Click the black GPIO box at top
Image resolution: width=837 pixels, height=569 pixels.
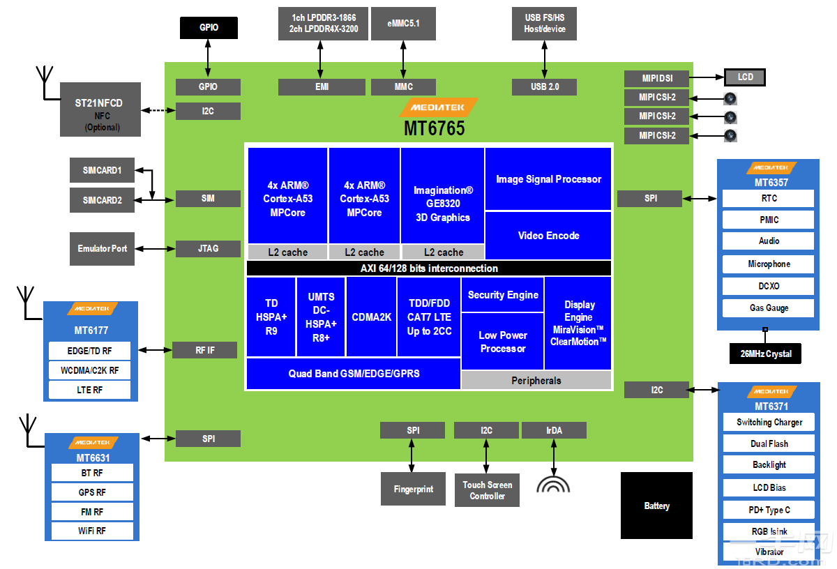point(209,28)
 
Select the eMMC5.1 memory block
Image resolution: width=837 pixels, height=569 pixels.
point(403,24)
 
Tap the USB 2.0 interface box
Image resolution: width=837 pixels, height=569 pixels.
point(545,86)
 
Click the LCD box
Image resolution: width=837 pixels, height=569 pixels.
point(745,77)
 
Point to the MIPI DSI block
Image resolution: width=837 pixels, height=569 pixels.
point(656,78)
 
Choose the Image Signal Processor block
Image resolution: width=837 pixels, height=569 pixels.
point(548,179)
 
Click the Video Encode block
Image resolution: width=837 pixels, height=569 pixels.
point(548,236)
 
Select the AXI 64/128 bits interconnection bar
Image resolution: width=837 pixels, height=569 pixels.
point(429,268)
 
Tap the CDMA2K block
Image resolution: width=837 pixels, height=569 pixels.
point(371,317)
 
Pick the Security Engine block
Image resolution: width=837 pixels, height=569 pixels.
point(502,295)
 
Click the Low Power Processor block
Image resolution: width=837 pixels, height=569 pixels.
point(502,342)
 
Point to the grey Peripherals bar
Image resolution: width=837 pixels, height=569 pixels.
point(536,381)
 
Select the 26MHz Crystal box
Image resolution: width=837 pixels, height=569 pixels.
point(765,354)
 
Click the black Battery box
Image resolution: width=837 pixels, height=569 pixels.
point(656,506)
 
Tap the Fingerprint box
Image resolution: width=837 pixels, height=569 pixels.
point(413,489)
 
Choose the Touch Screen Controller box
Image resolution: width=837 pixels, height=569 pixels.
point(487,490)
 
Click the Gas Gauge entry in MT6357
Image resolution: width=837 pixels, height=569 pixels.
point(768,308)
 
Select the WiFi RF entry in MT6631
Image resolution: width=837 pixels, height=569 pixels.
point(92,531)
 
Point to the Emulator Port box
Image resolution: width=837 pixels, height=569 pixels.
point(103,248)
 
